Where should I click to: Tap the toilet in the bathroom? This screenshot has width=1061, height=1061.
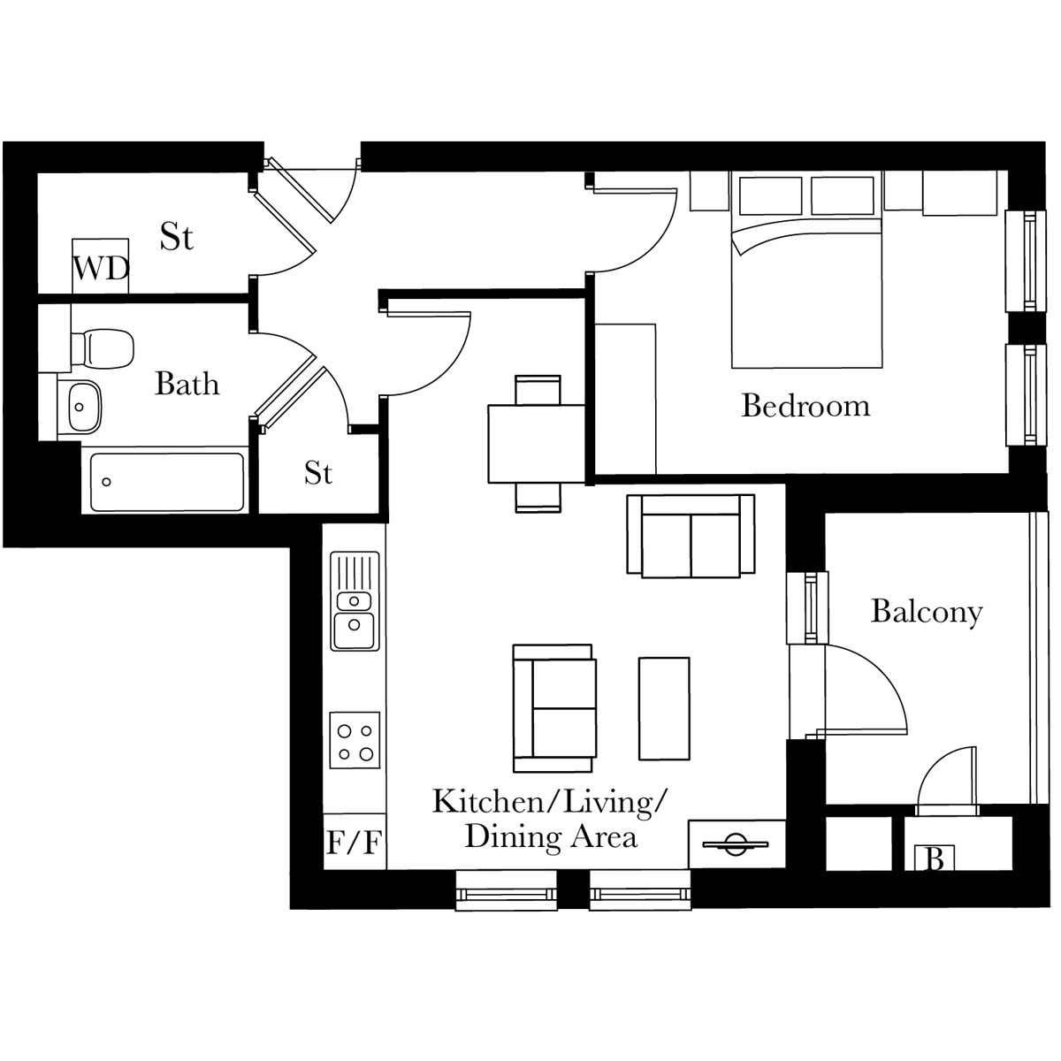[103, 348]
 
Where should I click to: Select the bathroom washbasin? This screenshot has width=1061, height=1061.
[80, 408]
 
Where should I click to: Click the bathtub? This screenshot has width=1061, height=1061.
[167, 483]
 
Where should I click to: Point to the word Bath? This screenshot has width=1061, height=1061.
[187, 384]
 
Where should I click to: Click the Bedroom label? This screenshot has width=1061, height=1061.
[806, 406]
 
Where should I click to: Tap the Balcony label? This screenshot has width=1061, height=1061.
[927, 612]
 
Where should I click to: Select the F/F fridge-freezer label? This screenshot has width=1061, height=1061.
[354, 843]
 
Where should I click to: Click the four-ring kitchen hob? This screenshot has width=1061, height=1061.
[355, 741]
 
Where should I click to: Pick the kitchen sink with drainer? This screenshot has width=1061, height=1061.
[355, 601]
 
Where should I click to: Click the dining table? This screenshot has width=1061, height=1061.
[537, 445]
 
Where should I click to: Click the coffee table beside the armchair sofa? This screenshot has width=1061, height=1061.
[664, 708]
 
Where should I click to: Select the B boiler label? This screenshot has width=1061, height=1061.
[935, 859]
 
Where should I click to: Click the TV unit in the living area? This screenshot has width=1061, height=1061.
[737, 844]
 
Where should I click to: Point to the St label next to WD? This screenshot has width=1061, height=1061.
[177, 237]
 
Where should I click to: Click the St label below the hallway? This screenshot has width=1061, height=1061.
[318, 472]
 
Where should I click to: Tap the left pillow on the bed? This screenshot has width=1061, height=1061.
[770, 195]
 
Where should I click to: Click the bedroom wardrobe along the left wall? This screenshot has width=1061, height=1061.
[625, 399]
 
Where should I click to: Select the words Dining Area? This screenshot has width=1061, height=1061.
[551, 837]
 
